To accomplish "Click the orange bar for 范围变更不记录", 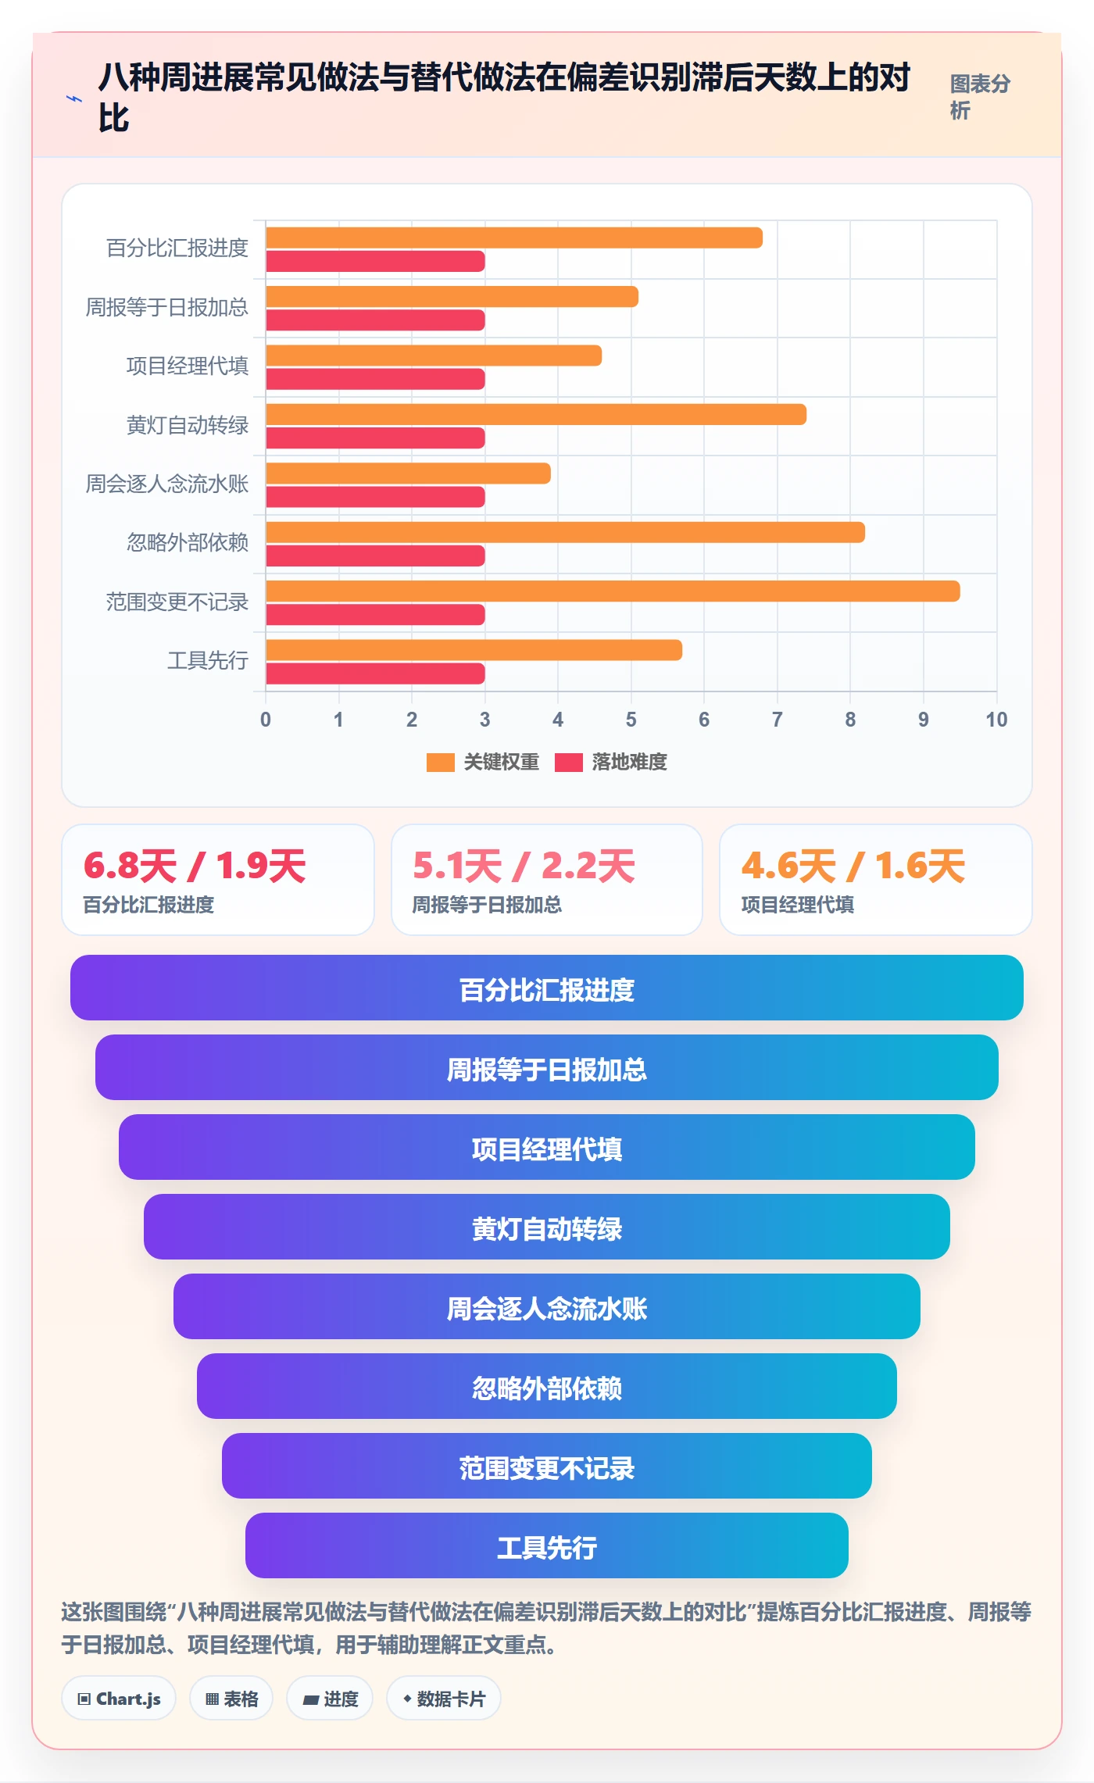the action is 613,591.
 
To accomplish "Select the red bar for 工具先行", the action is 375,674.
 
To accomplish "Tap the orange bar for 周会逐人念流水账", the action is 408,473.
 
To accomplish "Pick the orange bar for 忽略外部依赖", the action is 565,532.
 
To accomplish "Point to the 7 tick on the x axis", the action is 777,720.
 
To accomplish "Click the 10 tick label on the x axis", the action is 996,720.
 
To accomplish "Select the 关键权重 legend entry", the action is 483,762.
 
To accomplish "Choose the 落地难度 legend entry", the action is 611,762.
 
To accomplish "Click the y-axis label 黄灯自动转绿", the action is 188,425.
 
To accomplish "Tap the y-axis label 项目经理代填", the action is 188,366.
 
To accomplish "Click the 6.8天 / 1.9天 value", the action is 195,866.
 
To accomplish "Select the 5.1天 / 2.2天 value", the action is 524,866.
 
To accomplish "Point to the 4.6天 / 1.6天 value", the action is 853,866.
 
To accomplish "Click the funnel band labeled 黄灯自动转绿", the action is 547,1227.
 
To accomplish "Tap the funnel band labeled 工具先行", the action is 547,1545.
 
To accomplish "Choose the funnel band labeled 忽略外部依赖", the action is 547,1386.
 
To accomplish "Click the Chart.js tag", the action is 119,1699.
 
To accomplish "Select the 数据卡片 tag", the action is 444,1699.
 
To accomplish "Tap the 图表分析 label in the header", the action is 980,97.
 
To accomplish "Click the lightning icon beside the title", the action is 74,99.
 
